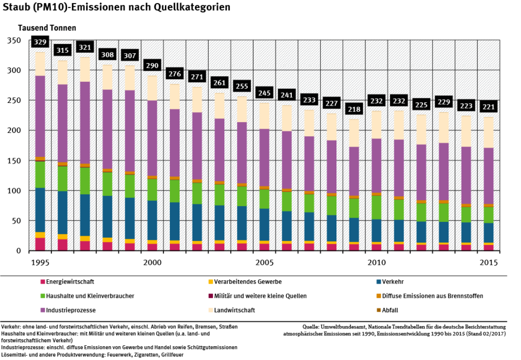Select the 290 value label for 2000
tap(152, 66)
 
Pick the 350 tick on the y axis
tap(15, 41)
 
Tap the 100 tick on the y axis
tap(15, 191)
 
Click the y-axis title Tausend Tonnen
tap(41, 28)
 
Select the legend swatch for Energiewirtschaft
tap(43, 282)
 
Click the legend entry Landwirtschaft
tap(234, 310)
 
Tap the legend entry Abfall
tap(391, 310)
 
